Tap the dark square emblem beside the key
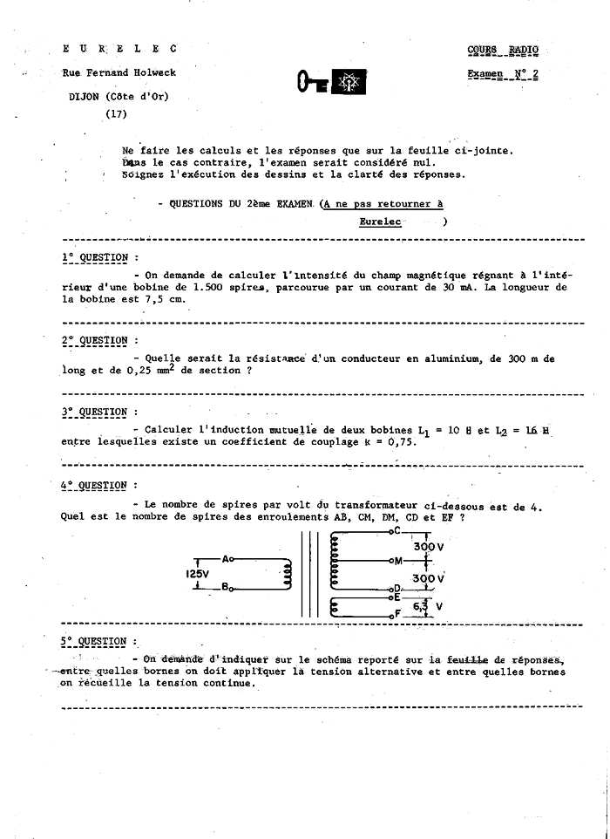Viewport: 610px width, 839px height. (x=351, y=83)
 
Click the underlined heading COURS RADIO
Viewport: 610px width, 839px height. (x=503, y=51)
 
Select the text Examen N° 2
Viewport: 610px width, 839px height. (x=502, y=74)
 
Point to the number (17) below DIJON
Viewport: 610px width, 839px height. (x=116, y=113)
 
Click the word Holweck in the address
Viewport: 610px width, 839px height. (x=152, y=73)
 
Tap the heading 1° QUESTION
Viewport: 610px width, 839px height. (x=95, y=258)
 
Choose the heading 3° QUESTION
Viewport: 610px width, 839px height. (x=95, y=412)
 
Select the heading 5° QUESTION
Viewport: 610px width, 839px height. (x=94, y=642)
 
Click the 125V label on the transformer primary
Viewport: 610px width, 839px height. (x=198, y=575)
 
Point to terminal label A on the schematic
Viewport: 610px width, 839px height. (x=227, y=558)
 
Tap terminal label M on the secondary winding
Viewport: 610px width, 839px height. (x=397, y=561)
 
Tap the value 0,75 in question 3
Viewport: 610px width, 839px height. (x=402, y=441)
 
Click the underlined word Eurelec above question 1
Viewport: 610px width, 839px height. (x=380, y=222)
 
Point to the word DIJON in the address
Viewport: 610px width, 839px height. (x=87, y=97)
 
